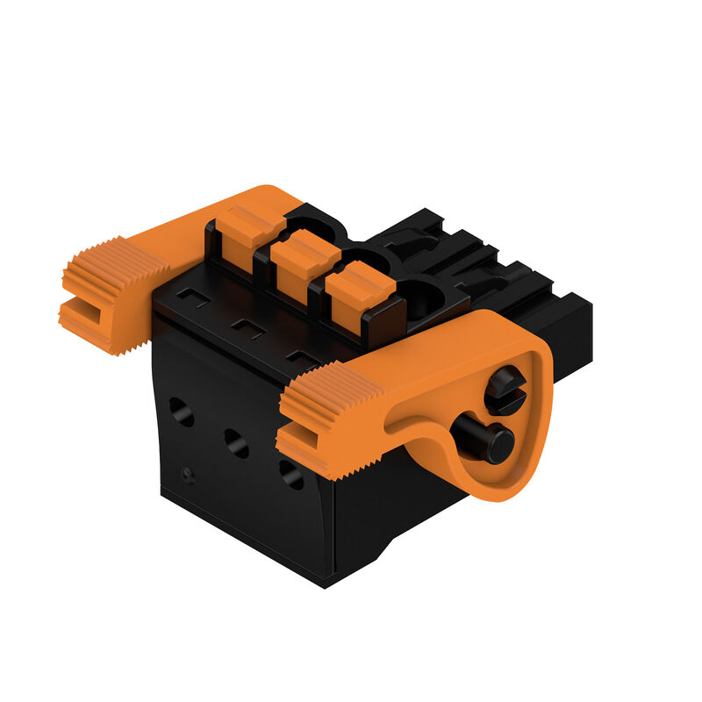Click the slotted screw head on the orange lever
pyautogui.click(x=505, y=390)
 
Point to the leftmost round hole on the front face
pyautogui.click(x=182, y=411)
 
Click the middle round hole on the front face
pyautogui.click(x=236, y=442)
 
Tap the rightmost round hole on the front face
pyautogui.click(x=290, y=474)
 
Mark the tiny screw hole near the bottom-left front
pyautogui.click(x=186, y=474)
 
